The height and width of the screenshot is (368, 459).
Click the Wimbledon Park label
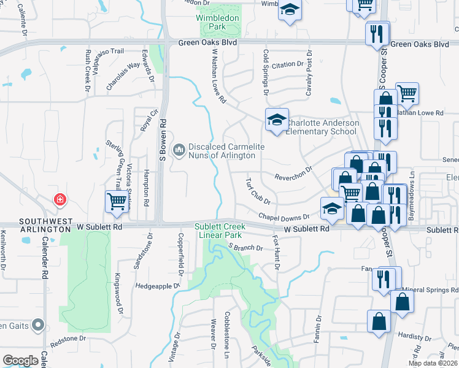(x=218, y=23)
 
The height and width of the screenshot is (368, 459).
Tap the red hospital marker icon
(x=60, y=200)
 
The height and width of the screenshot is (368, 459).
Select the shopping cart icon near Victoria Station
(x=117, y=201)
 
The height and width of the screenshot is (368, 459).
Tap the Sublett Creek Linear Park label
(x=220, y=231)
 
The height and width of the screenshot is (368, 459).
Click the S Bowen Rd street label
(x=163, y=140)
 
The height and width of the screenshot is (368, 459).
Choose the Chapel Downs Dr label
(x=283, y=218)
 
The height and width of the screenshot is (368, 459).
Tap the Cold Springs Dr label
(x=266, y=72)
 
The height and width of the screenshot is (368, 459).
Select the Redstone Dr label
(x=67, y=340)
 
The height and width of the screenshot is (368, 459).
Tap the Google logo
(x=20, y=360)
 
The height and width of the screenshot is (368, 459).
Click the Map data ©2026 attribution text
(x=433, y=364)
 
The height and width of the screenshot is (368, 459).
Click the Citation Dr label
(x=288, y=64)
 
